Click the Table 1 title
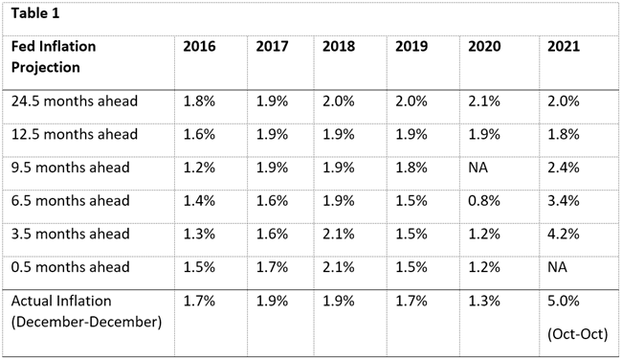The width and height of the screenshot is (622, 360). click(35, 13)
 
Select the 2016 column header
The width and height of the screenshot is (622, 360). click(199, 47)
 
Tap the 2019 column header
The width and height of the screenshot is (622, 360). click(411, 47)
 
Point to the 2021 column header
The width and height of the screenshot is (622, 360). click(564, 47)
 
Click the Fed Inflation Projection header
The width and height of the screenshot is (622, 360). click(54, 56)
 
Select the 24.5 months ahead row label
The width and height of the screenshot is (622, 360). click(75, 101)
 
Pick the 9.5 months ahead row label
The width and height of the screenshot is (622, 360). click(70, 168)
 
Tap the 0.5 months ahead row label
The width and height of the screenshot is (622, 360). click(70, 267)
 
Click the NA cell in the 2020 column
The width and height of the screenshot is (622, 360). click(478, 168)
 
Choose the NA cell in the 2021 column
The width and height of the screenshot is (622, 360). click(557, 267)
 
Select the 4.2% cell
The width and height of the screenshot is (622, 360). click(564, 234)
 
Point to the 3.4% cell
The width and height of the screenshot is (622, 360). click(564, 201)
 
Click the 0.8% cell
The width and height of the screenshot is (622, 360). click(484, 201)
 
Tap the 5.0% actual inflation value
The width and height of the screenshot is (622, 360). click(564, 301)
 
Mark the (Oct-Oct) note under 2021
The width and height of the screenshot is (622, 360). click(578, 334)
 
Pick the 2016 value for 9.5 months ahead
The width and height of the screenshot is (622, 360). click(199, 168)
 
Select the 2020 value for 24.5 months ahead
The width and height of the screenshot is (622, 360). click(484, 101)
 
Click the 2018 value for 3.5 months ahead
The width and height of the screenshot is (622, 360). click(339, 234)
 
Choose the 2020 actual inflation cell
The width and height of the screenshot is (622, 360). click(484, 301)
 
